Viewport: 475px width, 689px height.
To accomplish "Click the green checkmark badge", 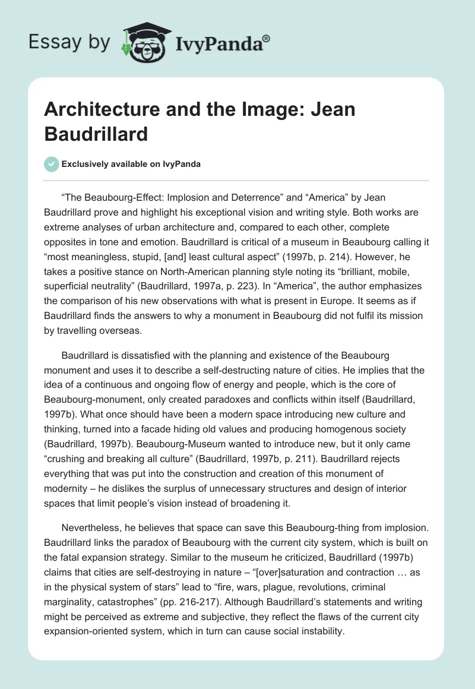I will click(x=52, y=164).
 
